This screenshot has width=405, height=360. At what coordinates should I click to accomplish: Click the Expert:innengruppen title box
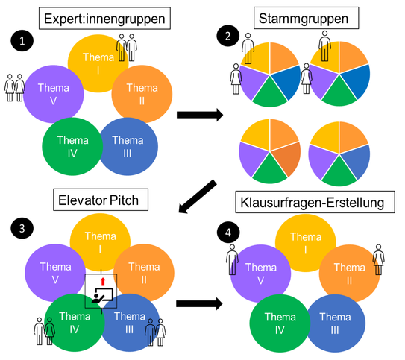pyautogui.click(x=104, y=19)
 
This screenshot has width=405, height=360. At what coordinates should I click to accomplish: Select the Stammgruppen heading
pyautogui.click(x=306, y=18)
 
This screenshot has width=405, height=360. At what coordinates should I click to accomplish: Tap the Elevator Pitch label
pyautogui.click(x=101, y=200)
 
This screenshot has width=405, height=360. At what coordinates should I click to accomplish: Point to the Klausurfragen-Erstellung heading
pyautogui.click(x=315, y=202)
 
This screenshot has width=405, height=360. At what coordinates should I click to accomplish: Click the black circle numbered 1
pyautogui.click(x=22, y=41)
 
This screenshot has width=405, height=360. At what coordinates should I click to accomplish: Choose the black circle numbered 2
pyautogui.click(x=227, y=36)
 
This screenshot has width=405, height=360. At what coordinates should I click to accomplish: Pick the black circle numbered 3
pyautogui.click(x=22, y=228)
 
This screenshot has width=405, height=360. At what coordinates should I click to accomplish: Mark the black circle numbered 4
pyautogui.click(x=227, y=233)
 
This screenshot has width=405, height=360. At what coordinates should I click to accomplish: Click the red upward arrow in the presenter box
pyautogui.click(x=103, y=282)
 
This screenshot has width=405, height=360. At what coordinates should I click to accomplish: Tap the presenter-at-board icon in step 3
pyautogui.click(x=102, y=295)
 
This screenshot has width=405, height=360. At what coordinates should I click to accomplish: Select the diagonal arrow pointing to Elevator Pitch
pyautogui.click(x=198, y=197)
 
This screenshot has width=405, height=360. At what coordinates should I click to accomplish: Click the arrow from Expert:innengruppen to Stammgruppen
pyautogui.click(x=200, y=115)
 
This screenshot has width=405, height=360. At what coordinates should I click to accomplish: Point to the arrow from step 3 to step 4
pyautogui.click(x=199, y=303)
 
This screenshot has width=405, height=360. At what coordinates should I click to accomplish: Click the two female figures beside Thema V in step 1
pyautogui.click(x=15, y=88)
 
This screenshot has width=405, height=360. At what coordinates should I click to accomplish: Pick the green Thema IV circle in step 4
pyautogui.click(x=280, y=323)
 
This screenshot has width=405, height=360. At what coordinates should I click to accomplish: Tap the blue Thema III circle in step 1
pyautogui.click(x=128, y=146)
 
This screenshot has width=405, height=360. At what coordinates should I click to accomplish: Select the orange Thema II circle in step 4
pyautogui.click(x=350, y=273)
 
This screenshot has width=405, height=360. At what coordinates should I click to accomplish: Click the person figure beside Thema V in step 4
pyautogui.click(x=232, y=259)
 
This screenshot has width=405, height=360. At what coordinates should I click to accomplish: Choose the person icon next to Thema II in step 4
pyautogui.click(x=379, y=259)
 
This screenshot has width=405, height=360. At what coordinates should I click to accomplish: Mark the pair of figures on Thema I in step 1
pyautogui.click(x=127, y=48)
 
